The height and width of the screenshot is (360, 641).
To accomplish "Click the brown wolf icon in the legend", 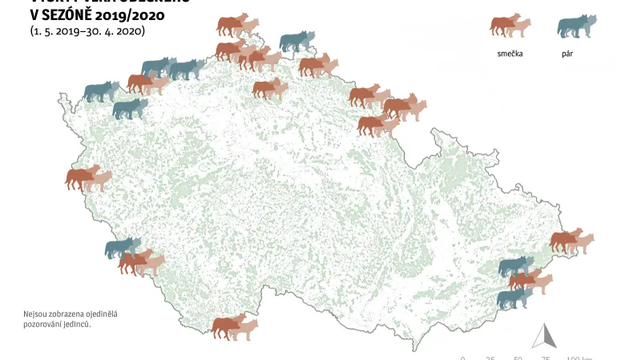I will [x=510, y=26].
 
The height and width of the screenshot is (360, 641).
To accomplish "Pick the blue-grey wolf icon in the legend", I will [x=577, y=26].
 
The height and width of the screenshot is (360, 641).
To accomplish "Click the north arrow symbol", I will [x=545, y=335].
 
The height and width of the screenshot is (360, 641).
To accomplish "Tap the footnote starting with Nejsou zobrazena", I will [x=71, y=318].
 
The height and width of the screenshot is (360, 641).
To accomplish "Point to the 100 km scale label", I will [x=579, y=358].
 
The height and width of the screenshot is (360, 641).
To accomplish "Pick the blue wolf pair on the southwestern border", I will [x=123, y=248].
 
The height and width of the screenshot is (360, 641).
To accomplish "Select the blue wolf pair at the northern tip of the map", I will [x=296, y=41].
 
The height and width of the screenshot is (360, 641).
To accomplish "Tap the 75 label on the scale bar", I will [x=546, y=358].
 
